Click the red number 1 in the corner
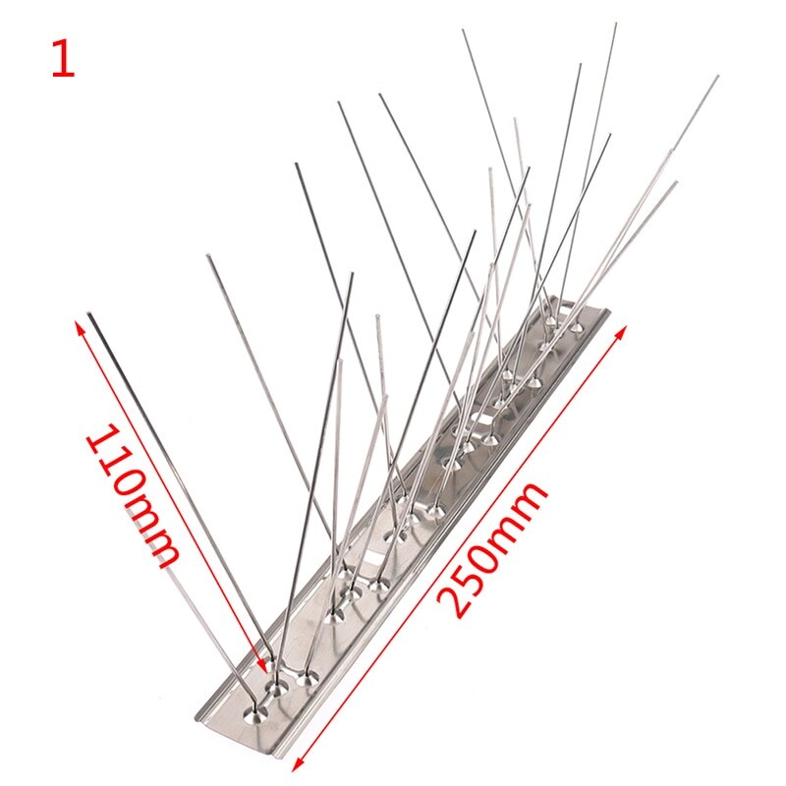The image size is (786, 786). click(x=64, y=59)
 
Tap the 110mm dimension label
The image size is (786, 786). click(x=133, y=493)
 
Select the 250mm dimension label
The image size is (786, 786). click(x=492, y=549)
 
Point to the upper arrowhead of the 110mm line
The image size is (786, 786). click(x=79, y=327)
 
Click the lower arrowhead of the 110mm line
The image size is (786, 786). click(x=262, y=665)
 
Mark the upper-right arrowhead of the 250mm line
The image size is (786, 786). click(x=622, y=331)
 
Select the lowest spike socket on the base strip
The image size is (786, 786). click(x=255, y=713)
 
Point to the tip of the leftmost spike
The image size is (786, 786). click(x=90, y=314)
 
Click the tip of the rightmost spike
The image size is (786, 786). click(x=717, y=78)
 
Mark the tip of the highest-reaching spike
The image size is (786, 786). click(x=616, y=24)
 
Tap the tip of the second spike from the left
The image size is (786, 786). click(x=208, y=257)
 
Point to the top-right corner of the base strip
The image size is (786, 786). click(x=608, y=310)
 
